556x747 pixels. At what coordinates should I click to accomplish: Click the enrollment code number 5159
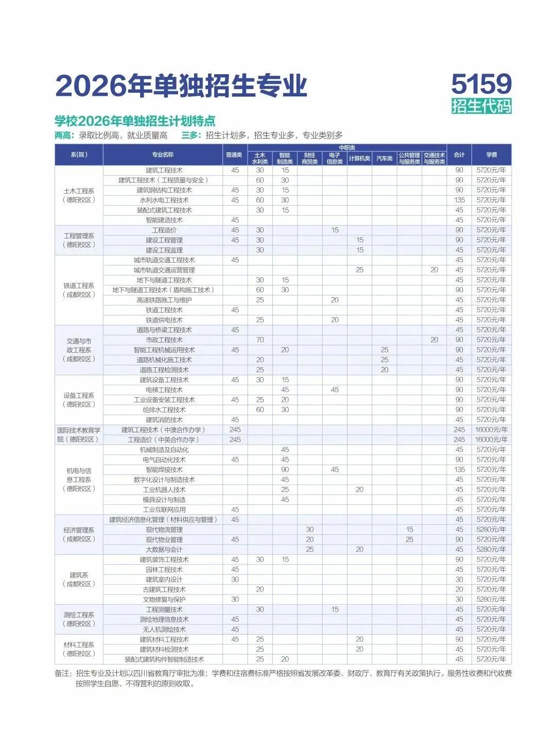point(481,83)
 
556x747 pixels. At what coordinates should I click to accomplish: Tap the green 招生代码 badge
point(481,106)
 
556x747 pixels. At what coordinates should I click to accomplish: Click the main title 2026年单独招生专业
point(181,86)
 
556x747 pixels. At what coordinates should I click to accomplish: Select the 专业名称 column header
point(163,155)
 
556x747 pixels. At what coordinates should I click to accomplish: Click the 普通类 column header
point(235,155)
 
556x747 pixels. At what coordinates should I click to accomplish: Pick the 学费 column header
point(491,155)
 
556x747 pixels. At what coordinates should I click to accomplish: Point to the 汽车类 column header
point(384,158)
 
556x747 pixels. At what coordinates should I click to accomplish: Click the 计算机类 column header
point(359,158)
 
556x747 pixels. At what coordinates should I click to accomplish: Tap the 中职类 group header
point(347,148)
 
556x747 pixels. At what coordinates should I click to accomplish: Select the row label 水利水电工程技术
point(164,200)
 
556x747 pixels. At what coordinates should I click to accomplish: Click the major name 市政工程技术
point(164,340)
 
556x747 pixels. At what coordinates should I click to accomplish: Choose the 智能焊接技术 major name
point(164,470)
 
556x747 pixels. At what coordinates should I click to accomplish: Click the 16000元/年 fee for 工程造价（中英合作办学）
point(491,439)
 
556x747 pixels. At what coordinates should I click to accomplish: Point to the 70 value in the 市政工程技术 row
point(260,340)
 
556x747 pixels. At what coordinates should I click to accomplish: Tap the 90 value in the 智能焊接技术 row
point(285,470)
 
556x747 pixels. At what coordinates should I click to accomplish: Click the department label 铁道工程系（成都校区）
point(79,290)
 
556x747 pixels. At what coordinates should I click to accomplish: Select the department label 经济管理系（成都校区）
point(79,534)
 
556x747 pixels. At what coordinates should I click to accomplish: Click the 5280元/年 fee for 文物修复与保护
point(491,599)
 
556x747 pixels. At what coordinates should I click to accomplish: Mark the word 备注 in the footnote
point(62,673)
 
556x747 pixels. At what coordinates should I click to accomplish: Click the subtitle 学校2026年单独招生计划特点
point(135,121)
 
